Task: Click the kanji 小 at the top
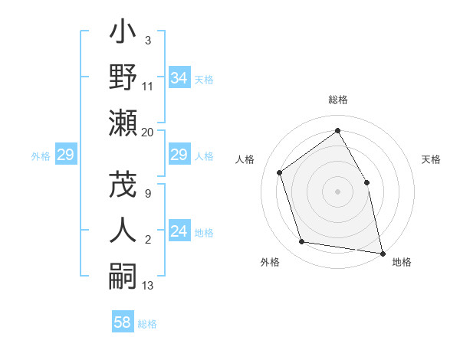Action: pyautogui.click(x=123, y=34)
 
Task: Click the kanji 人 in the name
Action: pyautogui.click(x=123, y=228)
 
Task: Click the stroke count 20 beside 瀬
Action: pyautogui.click(x=148, y=132)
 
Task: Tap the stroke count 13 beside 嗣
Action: pyautogui.click(x=148, y=286)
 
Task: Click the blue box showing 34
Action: pyautogui.click(x=179, y=77)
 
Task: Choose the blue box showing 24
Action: pyautogui.click(x=179, y=232)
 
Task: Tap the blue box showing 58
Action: pyautogui.click(x=122, y=322)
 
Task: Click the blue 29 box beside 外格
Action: pyautogui.click(x=65, y=155)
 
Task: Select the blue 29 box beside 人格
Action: pyautogui.click(x=179, y=155)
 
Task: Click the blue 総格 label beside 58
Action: pyautogui.click(x=147, y=324)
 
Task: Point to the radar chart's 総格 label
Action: pyautogui.click(x=337, y=100)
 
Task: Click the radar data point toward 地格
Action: pyautogui.click(x=382, y=253)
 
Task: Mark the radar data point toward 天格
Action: pyautogui.click(x=366, y=182)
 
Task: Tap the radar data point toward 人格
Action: pyautogui.click(x=280, y=172)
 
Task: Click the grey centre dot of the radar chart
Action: pyautogui.click(x=337, y=191)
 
